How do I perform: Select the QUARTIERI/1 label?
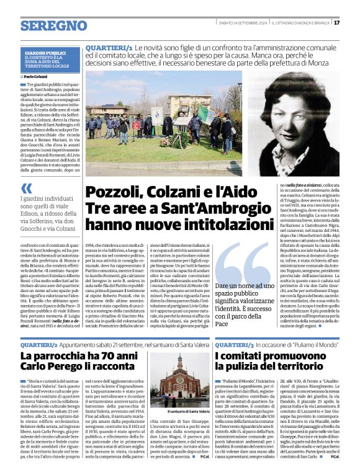tap(109, 47)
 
